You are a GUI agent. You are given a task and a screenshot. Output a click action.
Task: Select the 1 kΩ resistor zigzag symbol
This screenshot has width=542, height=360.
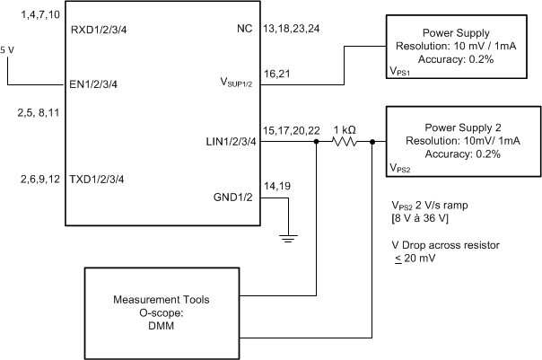pos(345,140)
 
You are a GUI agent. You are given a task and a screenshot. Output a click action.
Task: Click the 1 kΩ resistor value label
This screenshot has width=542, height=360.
pos(344,128)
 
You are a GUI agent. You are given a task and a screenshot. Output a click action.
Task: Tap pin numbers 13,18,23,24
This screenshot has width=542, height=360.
pos(292,30)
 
